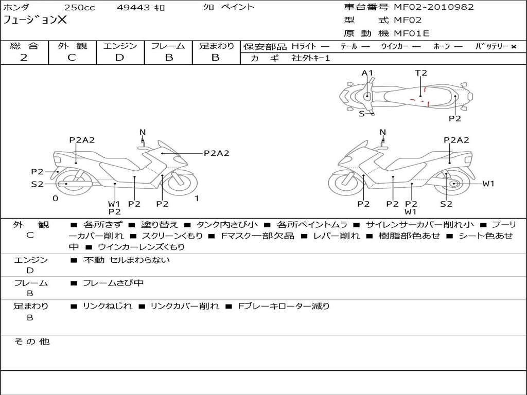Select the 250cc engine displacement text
pos(79,8)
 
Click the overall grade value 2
pos(24,58)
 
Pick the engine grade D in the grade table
pos(119,58)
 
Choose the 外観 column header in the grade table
pos(72,46)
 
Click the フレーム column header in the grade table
pos(168,46)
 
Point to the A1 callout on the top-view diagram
pos(367,73)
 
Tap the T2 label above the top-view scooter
pos(421,73)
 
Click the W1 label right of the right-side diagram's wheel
pos(488,184)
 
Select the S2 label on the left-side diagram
pos(38,184)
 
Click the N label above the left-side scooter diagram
pos(143,132)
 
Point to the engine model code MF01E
pos(412,33)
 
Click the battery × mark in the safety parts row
pos(514,47)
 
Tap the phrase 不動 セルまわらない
pos(127,260)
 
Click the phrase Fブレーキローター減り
pos(284,306)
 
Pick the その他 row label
pos(32,342)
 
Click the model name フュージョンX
pos(35,21)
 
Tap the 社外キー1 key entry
pos(311,58)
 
